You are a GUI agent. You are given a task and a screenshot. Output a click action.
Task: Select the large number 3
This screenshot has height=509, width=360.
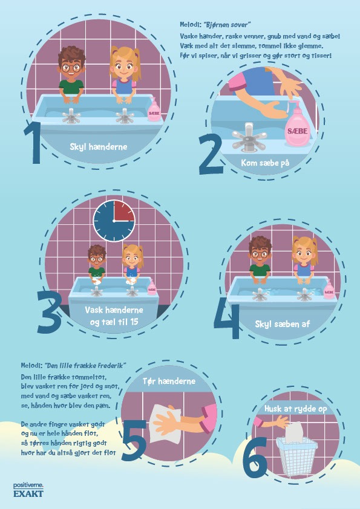point(49,312)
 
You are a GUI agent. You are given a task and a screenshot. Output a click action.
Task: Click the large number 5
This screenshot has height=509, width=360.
point(134,440)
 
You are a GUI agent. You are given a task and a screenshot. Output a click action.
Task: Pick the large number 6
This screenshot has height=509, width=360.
point(256,458)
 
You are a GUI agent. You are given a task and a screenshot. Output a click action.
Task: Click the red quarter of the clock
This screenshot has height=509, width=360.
point(123,211)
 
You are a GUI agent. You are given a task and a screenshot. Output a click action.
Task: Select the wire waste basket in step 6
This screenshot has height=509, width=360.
point(296,456)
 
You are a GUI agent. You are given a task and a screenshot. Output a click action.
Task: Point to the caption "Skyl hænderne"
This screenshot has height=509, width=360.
point(99,147)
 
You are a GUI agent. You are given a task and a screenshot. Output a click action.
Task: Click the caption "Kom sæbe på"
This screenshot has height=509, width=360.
point(265,163)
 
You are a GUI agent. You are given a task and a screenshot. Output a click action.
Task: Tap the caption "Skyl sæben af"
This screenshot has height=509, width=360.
point(283,323)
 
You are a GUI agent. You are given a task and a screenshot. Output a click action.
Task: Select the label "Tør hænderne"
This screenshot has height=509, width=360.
point(169,381)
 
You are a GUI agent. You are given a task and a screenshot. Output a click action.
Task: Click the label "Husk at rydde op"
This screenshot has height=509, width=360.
point(295,409)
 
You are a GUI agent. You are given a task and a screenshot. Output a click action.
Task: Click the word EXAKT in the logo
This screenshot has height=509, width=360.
point(28,494)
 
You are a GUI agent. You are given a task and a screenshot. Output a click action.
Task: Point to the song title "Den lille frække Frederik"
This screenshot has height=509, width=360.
point(86,366)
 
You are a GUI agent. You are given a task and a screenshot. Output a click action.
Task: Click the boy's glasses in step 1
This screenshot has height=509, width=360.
point(71,68)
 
